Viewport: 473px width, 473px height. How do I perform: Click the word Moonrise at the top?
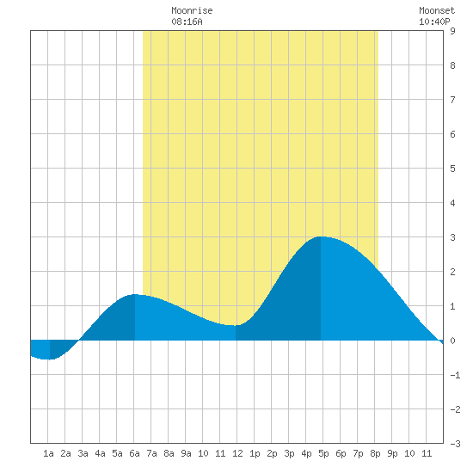click(192, 10)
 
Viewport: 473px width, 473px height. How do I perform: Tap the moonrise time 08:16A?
click(187, 21)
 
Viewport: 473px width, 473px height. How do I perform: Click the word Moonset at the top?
click(437, 10)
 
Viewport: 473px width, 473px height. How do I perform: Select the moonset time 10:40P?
click(434, 21)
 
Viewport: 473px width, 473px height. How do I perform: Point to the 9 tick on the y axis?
click(452, 31)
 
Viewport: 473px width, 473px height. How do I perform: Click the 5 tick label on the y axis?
click(452, 169)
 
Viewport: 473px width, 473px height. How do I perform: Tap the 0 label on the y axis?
click(452, 341)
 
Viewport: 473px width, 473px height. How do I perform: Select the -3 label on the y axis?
click(455, 444)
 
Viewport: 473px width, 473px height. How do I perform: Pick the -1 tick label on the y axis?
click(455, 375)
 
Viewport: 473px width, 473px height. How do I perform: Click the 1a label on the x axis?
click(48, 453)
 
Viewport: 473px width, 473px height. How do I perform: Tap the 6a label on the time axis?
click(134, 453)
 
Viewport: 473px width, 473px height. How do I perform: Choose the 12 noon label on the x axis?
click(237, 453)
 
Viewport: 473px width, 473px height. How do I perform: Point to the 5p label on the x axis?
click(323, 453)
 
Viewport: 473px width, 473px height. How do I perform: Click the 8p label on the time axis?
click(375, 453)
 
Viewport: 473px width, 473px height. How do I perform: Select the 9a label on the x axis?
click(186, 453)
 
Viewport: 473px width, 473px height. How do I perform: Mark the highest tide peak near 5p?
click(322, 236)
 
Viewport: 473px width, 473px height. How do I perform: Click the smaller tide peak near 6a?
click(135, 294)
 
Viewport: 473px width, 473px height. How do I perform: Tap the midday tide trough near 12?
click(236, 325)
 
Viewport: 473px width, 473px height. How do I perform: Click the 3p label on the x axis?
click(289, 453)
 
